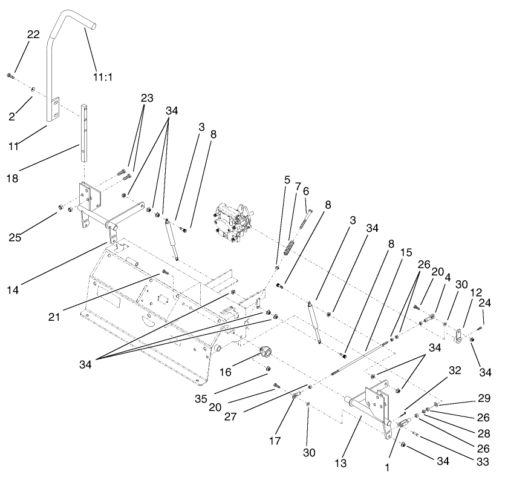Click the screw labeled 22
pos(10,76)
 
